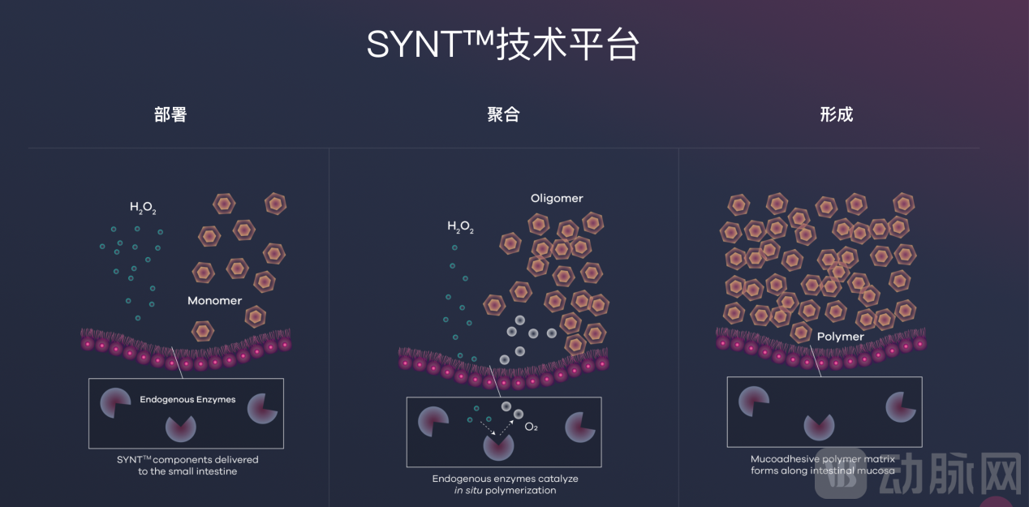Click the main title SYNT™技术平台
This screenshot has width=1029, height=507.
point(502,45)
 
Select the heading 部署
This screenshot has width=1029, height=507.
point(170,114)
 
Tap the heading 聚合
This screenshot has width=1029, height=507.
point(503,114)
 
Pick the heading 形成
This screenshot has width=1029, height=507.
point(836,114)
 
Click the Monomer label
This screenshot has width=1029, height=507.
point(214,301)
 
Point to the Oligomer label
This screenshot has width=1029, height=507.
point(557,199)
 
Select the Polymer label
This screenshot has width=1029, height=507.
point(840,337)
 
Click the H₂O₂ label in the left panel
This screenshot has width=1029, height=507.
point(143,208)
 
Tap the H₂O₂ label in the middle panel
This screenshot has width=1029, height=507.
point(460,227)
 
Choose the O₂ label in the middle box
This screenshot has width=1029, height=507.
point(532,427)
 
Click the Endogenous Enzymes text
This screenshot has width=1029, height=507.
point(187,400)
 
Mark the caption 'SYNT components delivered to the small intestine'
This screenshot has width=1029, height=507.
point(187,466)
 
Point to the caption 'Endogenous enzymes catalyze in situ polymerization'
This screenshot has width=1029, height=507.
point(505,484)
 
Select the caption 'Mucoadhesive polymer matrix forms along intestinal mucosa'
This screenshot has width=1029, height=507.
point(823,465)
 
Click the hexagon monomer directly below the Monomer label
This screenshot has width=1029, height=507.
point(203,330)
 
